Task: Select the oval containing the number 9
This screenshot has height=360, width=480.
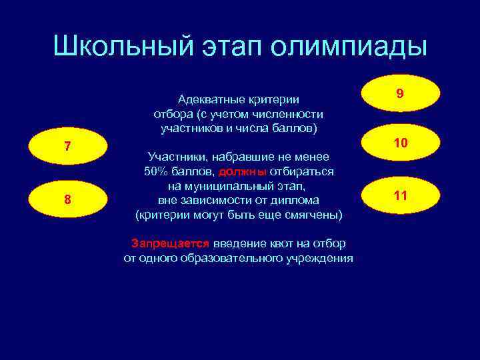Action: point(400,95)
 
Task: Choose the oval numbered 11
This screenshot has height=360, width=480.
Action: point(400,196)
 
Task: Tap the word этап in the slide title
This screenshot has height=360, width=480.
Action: point(230,46)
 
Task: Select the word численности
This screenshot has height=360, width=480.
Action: point(292,113)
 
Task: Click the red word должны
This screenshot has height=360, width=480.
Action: point(242,171)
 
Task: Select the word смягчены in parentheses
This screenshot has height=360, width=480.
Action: point(314,215)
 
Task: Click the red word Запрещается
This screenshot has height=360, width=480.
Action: point(170,243)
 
